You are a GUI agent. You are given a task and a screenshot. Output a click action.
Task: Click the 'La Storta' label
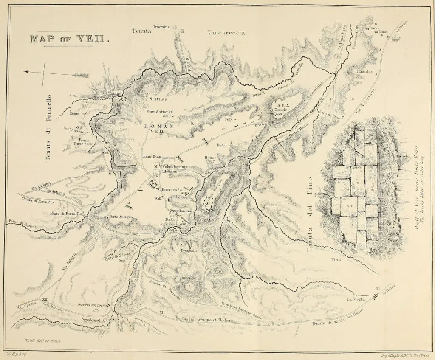click(356, 300)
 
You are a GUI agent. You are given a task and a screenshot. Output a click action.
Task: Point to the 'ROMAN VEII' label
click(158, 129)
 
